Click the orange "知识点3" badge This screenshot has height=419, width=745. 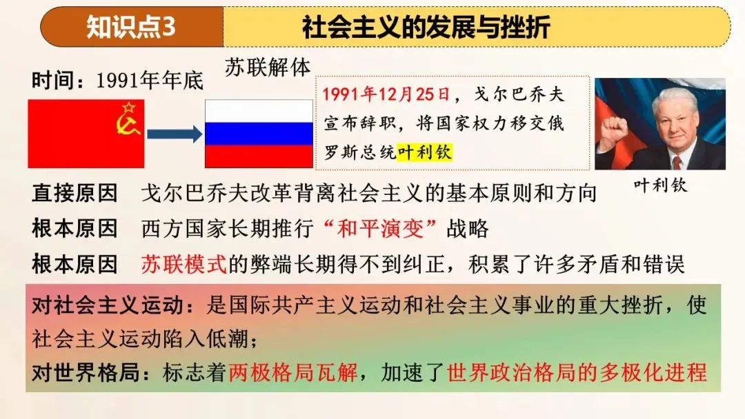click(x=131, y=27)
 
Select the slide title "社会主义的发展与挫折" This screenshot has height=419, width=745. click(x=426, y=27)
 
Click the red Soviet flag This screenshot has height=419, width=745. click(x=86, y=133)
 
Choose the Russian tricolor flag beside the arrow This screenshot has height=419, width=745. click(x=259, y=134)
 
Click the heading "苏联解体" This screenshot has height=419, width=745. click(x=268, y=68)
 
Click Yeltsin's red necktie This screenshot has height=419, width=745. click(x=677, y=163)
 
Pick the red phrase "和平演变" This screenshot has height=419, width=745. click(x=380, y=228)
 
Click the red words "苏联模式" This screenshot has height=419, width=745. click(x=183, y=264)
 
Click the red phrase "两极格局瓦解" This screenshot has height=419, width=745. click(x=293, y=373)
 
